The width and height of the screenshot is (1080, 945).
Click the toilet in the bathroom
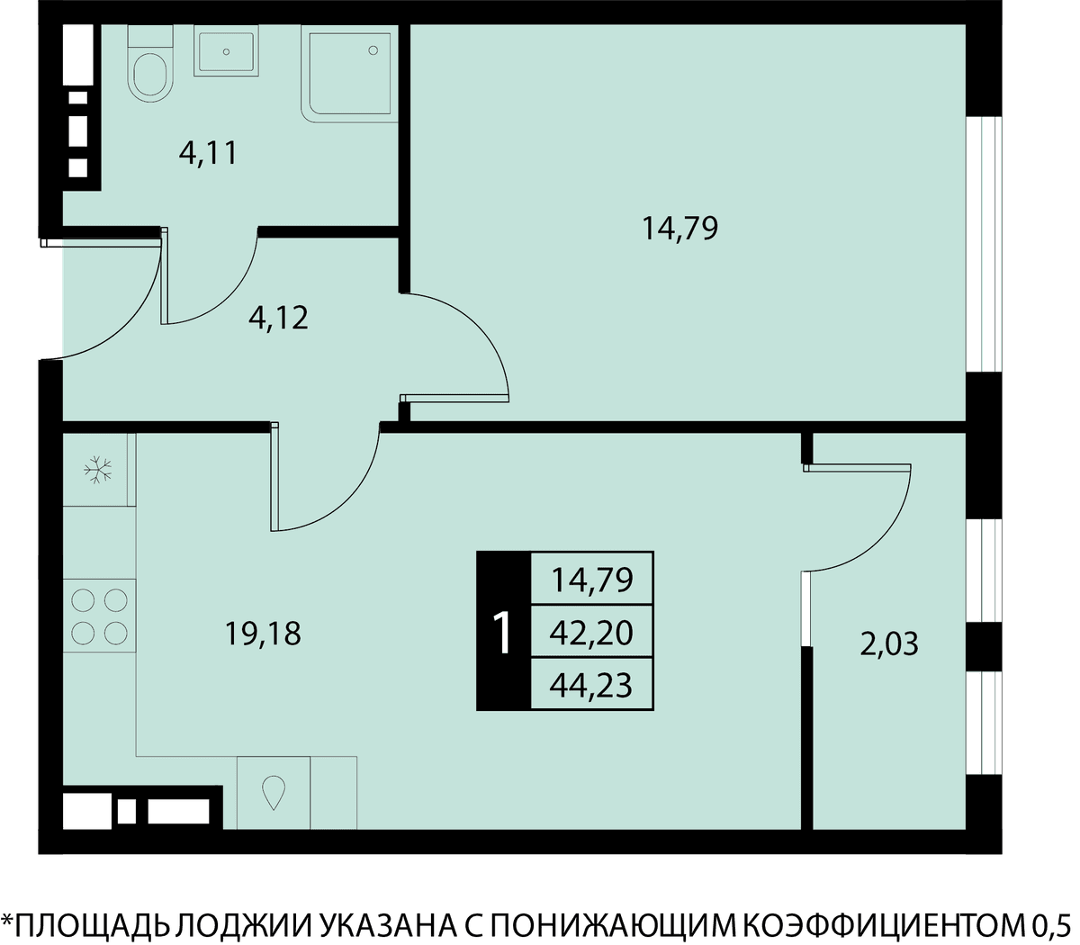(150, 63)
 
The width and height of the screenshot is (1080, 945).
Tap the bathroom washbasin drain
(226, 51)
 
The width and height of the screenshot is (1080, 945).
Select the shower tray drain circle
(373, 50)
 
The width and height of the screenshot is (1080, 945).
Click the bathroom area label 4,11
(209, 154)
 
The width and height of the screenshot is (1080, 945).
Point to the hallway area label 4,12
(278, 319)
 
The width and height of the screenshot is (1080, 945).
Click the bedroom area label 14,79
(679, 229)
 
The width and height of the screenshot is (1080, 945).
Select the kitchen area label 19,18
(262, 634)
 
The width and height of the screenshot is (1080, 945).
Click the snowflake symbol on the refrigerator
(98, 469)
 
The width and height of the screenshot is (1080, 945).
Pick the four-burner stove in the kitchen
(99, 616)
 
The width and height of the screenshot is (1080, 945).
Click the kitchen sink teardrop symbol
(274, 792)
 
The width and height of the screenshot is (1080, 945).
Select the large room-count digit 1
(502, 633)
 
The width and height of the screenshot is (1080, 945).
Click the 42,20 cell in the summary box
(591, 633)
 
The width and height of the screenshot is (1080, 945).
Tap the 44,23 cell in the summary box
(591, 685)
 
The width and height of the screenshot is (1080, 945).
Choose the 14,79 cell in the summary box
(591, 579)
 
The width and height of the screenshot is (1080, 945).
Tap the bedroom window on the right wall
(984, 245)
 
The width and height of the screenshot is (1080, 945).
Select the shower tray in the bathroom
(349, 74)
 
